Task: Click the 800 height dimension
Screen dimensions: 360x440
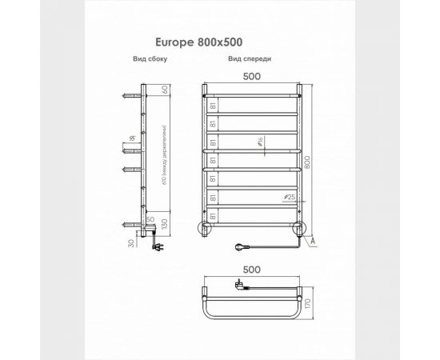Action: coord(318,161)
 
